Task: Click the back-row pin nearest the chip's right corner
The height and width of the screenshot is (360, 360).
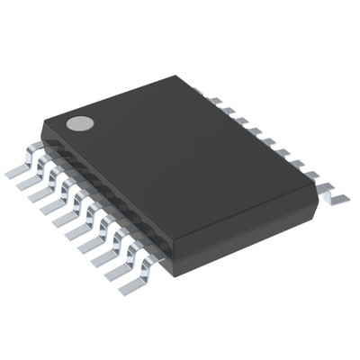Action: tap(331, 191)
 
